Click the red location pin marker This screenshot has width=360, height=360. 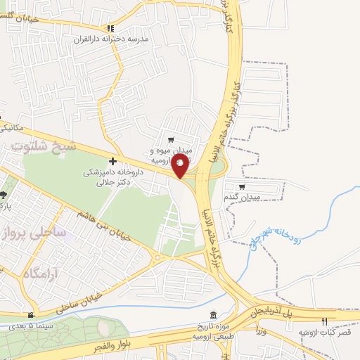point(180,166)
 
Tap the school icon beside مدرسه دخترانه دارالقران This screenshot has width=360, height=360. point(110,29)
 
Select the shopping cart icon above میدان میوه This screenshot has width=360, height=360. point(171,139)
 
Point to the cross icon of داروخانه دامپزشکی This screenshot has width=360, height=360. point(113,161)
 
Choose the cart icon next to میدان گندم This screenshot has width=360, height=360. point(243,187)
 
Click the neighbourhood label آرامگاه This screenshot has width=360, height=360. point(39,273)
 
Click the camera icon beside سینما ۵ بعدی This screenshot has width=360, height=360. point(30,315)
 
